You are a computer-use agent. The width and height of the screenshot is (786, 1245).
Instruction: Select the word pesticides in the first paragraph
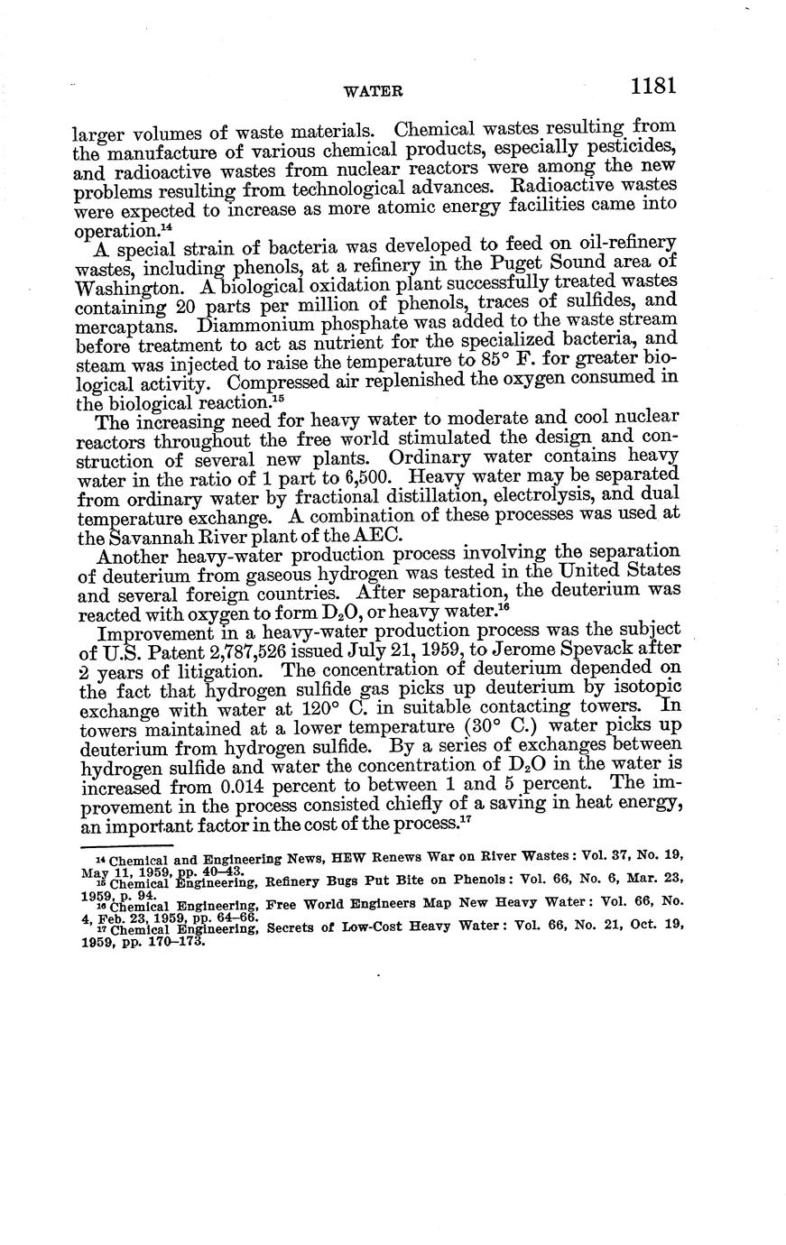click(630, 147)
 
